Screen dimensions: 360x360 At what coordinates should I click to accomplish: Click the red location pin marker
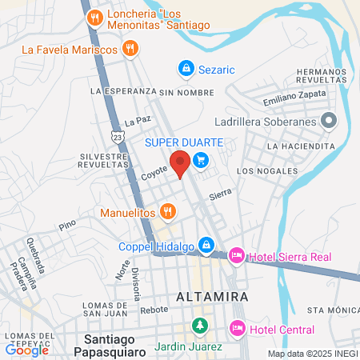(180, 162)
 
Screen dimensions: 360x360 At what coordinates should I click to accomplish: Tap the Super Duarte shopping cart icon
(201, 160)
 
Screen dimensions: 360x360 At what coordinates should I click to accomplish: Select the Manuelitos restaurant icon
(166, 212)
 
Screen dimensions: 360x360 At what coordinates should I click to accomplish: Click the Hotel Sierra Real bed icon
(236, 256)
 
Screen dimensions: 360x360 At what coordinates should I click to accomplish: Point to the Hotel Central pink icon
(237, 328)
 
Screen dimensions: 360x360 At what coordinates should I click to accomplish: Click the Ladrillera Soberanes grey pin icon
(328, 122)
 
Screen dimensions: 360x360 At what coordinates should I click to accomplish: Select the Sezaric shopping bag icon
(186, 70)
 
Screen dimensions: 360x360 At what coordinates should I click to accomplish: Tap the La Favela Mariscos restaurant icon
(131, 49)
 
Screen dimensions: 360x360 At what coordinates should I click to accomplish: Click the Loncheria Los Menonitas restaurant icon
(95, 16)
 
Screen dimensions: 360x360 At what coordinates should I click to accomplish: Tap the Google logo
(26, 350)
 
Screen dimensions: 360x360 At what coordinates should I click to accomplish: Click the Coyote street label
(154, 171)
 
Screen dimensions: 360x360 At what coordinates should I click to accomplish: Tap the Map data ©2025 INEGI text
(312, 354)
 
